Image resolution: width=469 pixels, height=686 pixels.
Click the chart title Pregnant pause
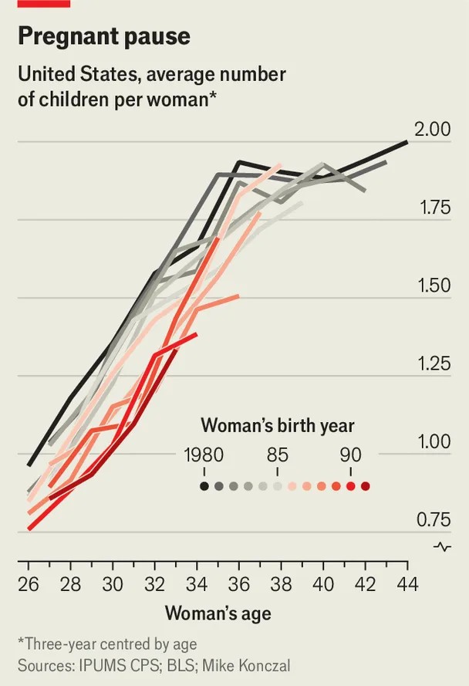click(104, 37)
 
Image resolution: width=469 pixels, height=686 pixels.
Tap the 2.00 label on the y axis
click(432, 130)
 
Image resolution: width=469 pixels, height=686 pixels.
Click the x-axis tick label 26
click(28, 584)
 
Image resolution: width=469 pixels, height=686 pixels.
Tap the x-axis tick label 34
click(197, 584)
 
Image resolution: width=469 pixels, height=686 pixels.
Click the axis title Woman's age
click(218, 614)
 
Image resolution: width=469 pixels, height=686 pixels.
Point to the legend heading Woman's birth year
click(278, 426)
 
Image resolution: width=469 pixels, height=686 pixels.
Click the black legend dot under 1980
click(204, 486)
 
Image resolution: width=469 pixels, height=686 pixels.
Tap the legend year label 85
click(278, 455)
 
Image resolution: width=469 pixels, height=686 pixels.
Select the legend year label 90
click(350, 455)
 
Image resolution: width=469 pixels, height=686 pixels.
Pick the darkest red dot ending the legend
click(365, 486)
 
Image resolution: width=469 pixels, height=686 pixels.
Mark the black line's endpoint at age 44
click(407, 141)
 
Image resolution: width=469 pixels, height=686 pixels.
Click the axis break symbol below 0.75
click(443, 547)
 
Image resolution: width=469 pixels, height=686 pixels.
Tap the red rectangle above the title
click(44, 4)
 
